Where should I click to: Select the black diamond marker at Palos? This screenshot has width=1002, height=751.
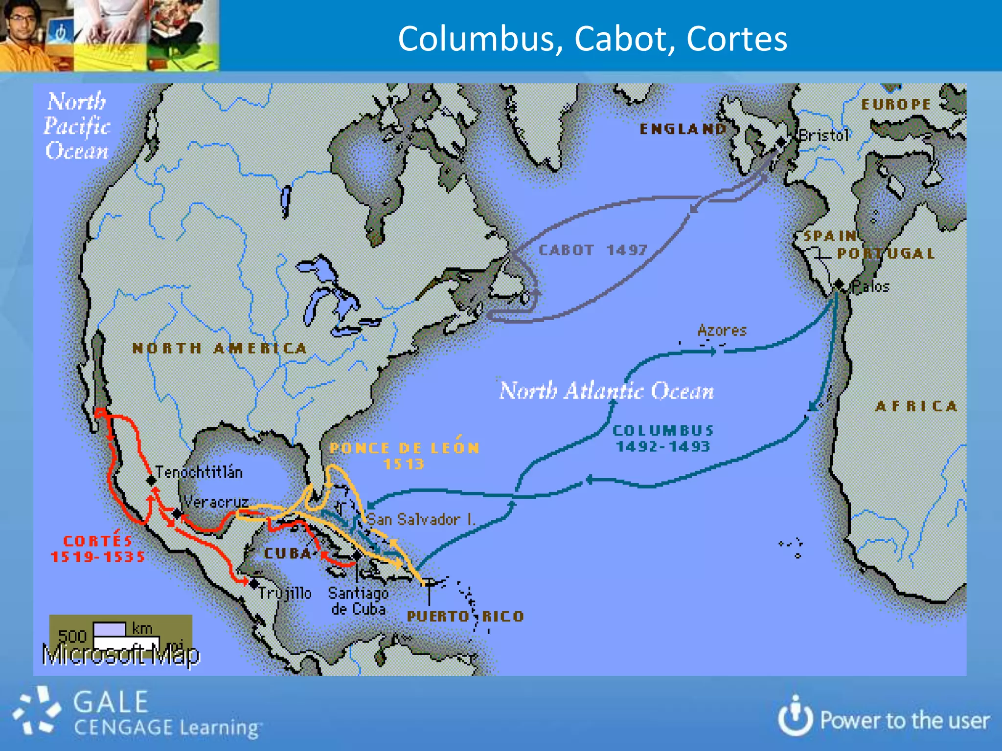pyautogui.click(x=839, y=284)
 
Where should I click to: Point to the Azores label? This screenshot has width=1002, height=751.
pyautogui.click(x=722, y=331)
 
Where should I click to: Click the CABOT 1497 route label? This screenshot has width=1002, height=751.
pyautogui.click(x=592, y=250)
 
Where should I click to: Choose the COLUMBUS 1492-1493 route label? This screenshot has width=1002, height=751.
pyautogui.click(x=663, y=438)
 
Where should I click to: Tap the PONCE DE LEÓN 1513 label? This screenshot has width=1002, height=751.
pyautogui.click(x=404, y=456)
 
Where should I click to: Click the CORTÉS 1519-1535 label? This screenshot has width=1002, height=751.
pyautogui.click(x=98, y=549)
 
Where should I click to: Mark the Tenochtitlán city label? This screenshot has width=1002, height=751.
pyautogui.click(x=199, y=472)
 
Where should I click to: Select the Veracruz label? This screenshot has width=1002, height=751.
pyautogui.click(x=216, y=502)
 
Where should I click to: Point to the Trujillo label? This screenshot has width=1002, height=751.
pyautogui.click(x=285, y=593)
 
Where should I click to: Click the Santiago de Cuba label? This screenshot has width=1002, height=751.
pyautogui.click(x=358, y=601)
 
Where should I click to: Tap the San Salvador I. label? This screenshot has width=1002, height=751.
pyautogui.click(x=421, y=519)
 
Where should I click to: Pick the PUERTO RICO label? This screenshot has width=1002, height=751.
pyautogui.click(x=465, y=616)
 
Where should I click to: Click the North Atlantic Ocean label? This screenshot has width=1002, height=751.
pyautogui.click(x=606, y=391)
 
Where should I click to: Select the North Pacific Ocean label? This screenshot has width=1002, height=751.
pyautogui.click(x=76, y=126)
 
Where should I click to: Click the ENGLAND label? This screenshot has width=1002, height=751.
pyautogui.click(x=683, y=129)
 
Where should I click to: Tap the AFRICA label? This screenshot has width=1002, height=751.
pyautogui.click(x=916, y=406)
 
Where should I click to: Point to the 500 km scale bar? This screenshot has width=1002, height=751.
pyautogui.click(x=110, y=629)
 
